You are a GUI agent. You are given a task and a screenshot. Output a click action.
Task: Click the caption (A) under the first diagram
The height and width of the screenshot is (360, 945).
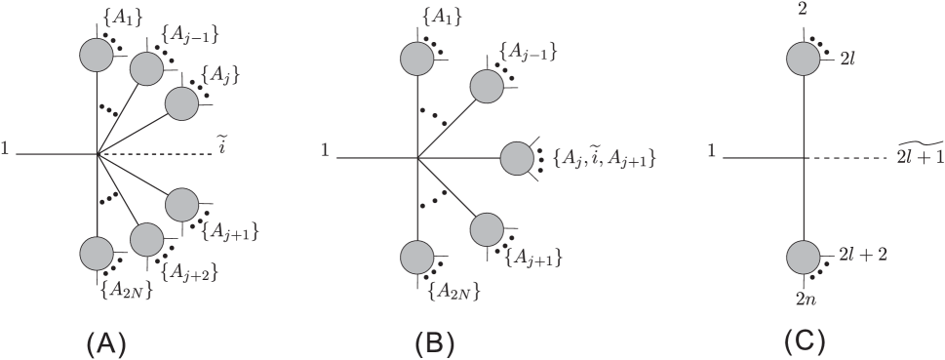(x=106, y=342)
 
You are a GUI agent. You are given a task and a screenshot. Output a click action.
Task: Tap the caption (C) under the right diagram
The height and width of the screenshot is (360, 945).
(x=805, y=342)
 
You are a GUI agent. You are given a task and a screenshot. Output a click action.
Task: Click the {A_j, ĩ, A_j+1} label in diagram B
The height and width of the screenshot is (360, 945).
(x=601, y=156)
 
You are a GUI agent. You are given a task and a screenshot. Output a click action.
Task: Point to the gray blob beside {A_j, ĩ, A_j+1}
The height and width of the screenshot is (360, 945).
(x=518, y=156)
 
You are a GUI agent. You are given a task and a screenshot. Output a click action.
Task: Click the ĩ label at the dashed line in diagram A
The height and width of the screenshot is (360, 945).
(x=222, y=149)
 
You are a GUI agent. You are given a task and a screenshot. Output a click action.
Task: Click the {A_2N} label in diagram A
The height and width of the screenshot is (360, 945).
(x=123, y=288)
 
